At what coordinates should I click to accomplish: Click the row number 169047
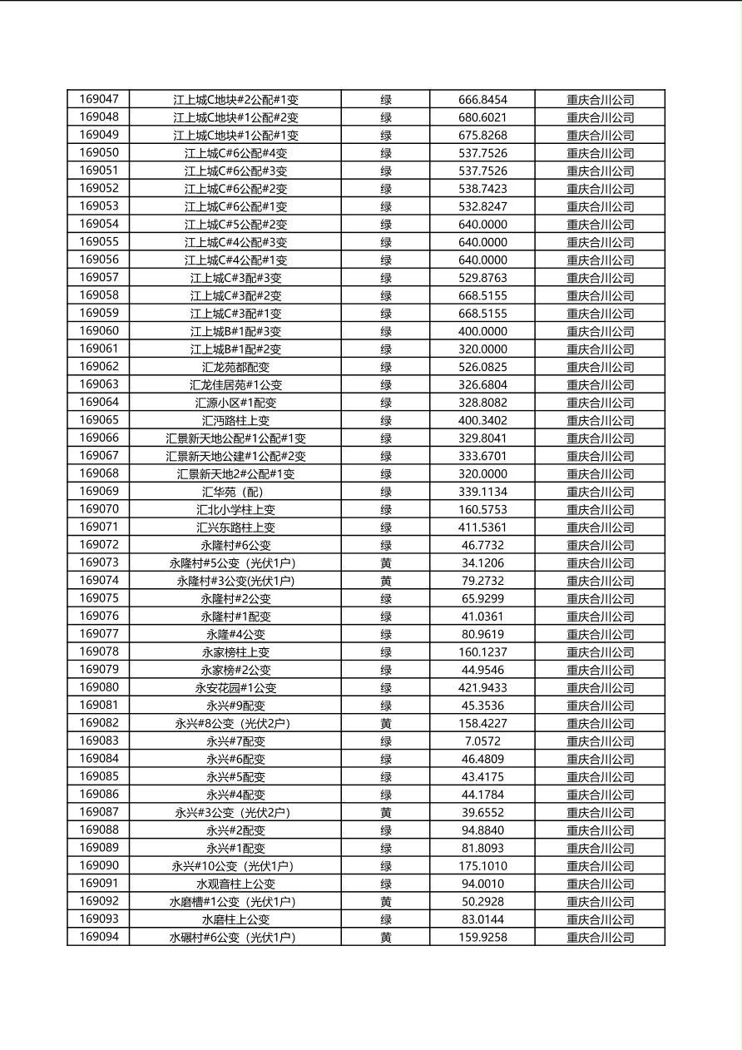click(x=99, y=99)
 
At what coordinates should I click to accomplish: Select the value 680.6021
click(x=482, y=117)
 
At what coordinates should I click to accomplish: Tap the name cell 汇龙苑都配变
click(x=235, y=367)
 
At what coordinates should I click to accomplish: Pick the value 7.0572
click(x=482, y=741)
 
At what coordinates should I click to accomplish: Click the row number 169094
click(x=99, y=937)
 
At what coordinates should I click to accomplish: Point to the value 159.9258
click(x=482, y=938)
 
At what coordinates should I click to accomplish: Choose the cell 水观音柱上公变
click(x=235, y=884)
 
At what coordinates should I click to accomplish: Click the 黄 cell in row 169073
click(x=386, y=563)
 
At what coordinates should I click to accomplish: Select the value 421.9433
click(x=482, y=688)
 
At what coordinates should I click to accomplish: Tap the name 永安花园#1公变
click(x=235, y=688)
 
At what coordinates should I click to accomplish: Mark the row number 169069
click(x=99, y=491)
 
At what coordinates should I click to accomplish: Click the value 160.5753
click(x=482, y=509)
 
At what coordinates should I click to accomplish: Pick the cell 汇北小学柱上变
click(x=235, y=509)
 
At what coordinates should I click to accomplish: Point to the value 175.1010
click(x=482, y=866)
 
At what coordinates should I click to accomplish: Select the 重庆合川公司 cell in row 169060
click(x=600, y=331)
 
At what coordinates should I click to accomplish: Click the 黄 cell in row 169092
click(x=386, y=902)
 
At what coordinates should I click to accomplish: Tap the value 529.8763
click(x=482, y=278)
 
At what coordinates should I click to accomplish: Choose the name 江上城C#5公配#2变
click(x=235, y=225)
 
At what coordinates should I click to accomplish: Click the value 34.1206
click(x=482, y=563)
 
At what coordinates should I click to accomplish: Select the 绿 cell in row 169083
click(x=386, y=741)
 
